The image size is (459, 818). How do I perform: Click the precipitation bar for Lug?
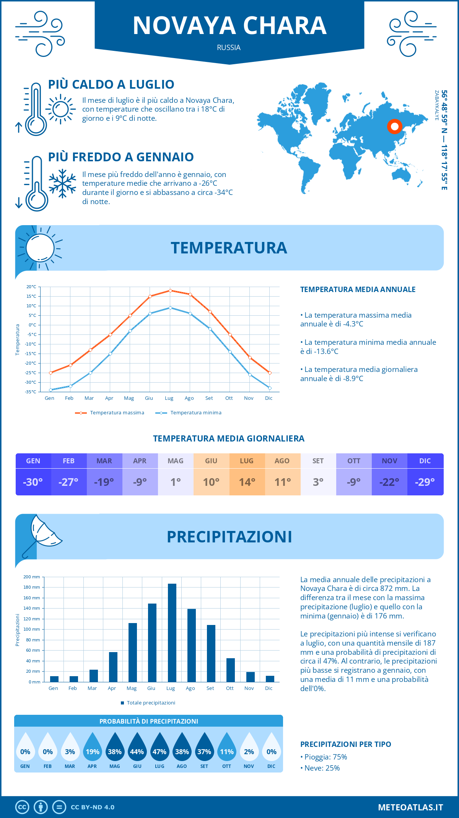point(172,633)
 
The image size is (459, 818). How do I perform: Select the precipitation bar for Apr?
point(113,667)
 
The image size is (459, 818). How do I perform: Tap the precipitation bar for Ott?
point(231,670)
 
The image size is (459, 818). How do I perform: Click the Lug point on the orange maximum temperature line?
point(170,291)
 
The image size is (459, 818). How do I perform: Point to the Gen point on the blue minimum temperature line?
point(50,390)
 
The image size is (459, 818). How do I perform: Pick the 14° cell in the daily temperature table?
point(247,482)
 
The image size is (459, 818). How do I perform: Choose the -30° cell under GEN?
point(33,482)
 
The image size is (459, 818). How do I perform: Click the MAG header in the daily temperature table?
point(176,461)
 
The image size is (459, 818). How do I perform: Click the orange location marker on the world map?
point(394,126)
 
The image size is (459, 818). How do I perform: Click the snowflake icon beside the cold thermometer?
point(62,183)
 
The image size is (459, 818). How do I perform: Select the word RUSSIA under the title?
point(229,48)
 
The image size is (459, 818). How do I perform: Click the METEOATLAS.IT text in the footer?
point(410,807)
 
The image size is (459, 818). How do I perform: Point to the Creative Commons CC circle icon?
point(22,807)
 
